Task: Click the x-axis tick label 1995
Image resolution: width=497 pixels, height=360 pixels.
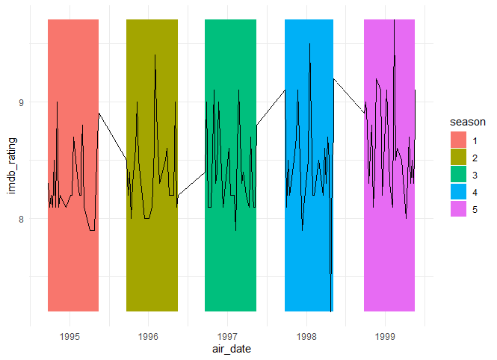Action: (x=70, y=337)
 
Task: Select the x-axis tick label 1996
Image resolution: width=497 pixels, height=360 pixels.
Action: (x=149, y=337)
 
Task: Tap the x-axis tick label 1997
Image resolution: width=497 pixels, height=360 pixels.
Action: (x=227, y=337)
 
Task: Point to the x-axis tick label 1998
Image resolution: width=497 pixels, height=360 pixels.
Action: (x=306, y=337)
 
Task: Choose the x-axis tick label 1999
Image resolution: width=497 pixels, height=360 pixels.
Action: (x=385, y=337)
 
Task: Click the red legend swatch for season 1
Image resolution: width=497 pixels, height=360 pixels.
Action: (x=457, y=139)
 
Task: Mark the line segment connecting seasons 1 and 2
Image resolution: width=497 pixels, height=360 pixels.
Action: (x=112, y=135)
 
